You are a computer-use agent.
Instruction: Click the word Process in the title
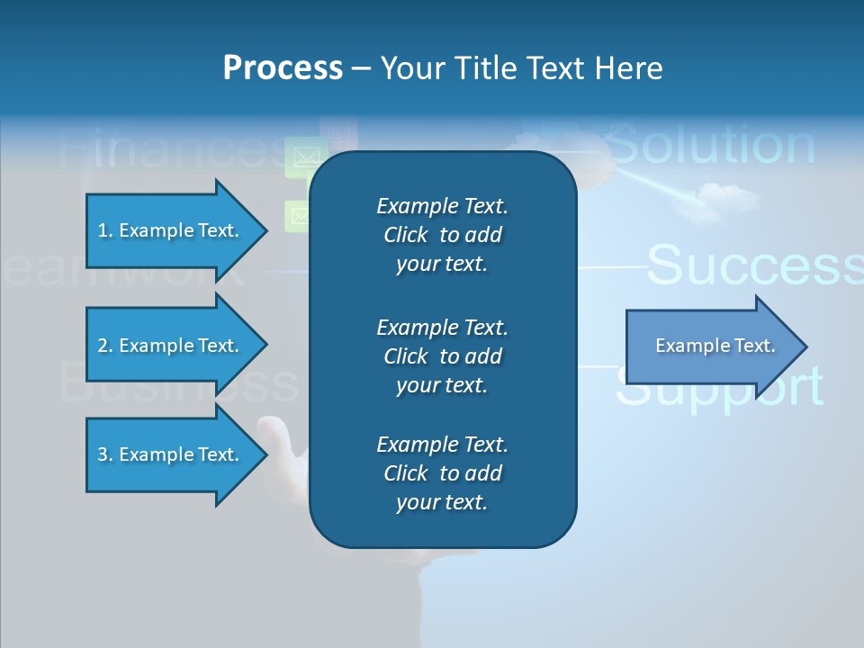click(x=283, y=68)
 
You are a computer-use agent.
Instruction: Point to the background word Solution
click(x=711, y=145)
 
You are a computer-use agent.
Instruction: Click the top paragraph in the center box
click(x=442, y=235)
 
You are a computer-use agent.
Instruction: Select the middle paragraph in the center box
click(x=442, y=355)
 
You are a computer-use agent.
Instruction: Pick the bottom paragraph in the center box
click(x=442, y=472)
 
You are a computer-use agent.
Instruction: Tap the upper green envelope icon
click(x=304, y=157)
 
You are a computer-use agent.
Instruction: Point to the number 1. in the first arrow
click(x=105, y=230)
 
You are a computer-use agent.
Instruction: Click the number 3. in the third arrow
click(x=105, y=454)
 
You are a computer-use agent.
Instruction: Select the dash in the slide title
click(x=361, y=68)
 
